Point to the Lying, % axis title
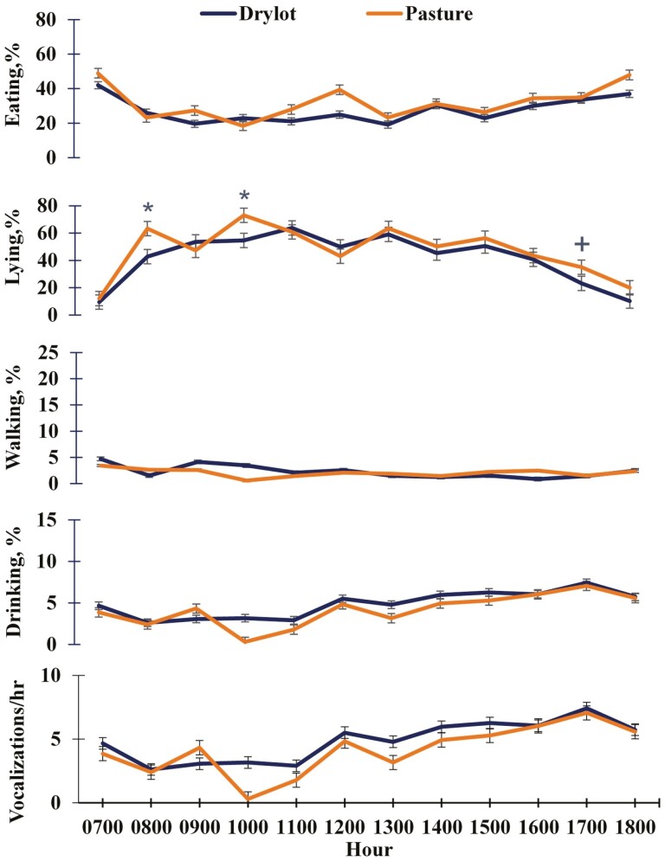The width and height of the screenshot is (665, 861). point(14,260)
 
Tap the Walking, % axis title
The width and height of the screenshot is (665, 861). point(14,417)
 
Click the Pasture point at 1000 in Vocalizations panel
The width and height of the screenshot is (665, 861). point(246,798)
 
